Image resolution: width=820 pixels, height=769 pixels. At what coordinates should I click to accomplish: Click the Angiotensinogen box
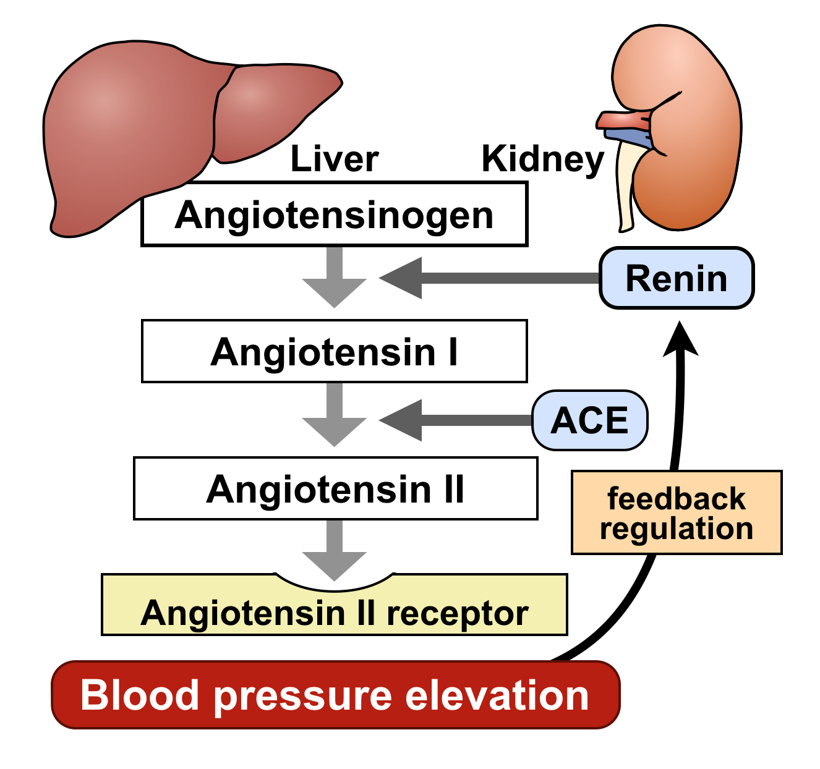click(334, 215)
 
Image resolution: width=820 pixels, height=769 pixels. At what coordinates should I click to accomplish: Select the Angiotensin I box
click(334, 351)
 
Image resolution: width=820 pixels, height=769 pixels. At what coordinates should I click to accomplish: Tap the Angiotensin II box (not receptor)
click(335, 488)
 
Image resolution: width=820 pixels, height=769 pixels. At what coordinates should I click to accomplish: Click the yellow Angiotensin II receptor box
click(334, 612)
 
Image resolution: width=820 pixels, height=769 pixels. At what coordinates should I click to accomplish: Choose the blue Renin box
click(677, 278)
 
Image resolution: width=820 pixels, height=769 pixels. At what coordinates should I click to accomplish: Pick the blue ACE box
click(590, 420)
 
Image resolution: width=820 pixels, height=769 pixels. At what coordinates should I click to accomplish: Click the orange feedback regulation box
click(677, 513)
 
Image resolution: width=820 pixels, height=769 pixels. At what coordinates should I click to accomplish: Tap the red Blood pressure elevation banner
click(335, 695)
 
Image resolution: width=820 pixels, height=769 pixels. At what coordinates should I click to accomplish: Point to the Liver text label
click(334, 159)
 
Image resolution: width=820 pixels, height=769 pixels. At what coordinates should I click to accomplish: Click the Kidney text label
click(542, 159)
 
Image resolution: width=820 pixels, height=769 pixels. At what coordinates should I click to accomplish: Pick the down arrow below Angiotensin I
click(335, 414)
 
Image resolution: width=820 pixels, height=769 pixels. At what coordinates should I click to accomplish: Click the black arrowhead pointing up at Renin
click(680, 340)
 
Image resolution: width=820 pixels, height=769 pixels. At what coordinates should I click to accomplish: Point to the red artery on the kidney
click(621, 119)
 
